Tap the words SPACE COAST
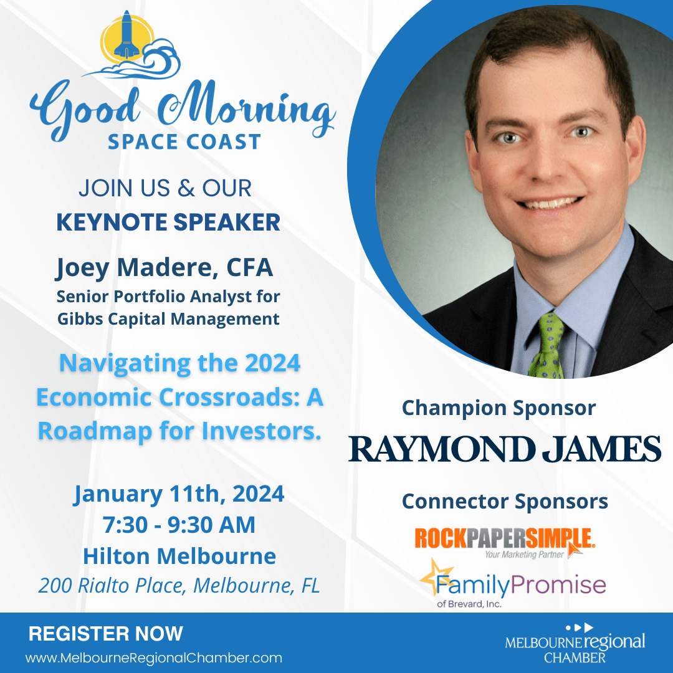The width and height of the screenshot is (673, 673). [x=184, y=142]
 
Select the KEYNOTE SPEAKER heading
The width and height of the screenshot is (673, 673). [x=168, y=222]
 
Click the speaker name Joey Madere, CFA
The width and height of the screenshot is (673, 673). [x=165, y=268]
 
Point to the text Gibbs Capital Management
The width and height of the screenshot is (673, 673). [x=168, y=319]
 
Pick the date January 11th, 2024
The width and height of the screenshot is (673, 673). [x=179, y=494]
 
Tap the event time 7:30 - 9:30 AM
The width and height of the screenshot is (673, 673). [x=179, y=525]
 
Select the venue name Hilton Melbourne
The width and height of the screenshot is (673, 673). [x=179, y=556]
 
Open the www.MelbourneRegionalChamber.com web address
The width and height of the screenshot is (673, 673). [x=154, y=658]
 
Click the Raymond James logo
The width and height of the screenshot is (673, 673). [x=505, y=449]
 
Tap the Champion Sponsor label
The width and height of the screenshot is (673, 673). [x=499, y=408]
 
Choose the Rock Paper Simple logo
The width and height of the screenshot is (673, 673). [x=505, y=542]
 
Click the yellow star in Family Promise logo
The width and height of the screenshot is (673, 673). [x=436, y=576]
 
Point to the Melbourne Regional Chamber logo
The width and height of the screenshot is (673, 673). [x=575, y=644]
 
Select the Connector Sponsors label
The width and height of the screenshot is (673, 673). [x=505, y=501]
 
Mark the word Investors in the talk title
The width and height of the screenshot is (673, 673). [x=262, y=431]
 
